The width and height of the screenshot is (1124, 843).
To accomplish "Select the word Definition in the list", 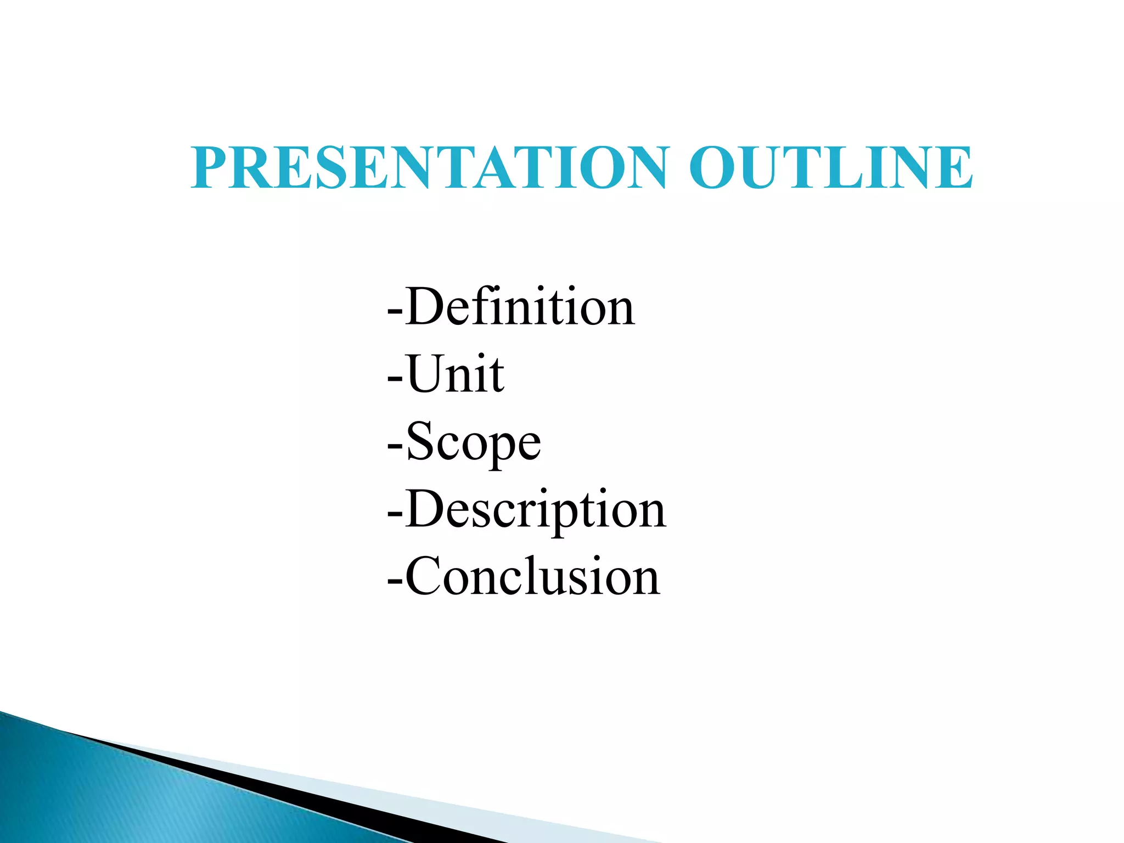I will point(520,307).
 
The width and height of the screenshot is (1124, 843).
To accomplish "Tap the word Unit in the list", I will point(455,375).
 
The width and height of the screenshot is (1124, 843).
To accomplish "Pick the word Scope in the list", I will point(474,442).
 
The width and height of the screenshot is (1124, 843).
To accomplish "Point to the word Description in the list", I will point(536,510).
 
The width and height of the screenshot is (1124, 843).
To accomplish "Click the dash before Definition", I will point(395,311).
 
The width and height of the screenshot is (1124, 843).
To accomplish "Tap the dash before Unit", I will point(395,378).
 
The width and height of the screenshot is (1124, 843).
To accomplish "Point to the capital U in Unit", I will point(428,374).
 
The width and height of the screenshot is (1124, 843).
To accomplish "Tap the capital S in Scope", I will point(420,441).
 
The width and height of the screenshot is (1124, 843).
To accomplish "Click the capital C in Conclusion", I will point(424,576).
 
